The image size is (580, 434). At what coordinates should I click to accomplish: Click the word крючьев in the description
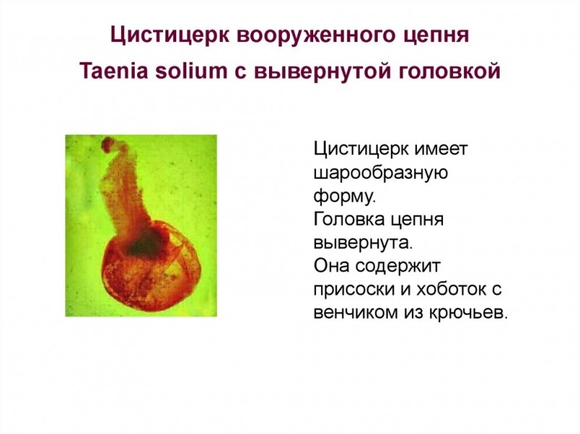[471, 312]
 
